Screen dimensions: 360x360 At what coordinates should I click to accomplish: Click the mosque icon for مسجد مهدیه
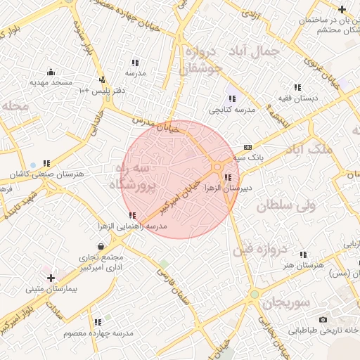click(51, 72)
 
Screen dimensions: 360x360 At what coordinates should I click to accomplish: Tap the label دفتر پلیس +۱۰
click(83, 90)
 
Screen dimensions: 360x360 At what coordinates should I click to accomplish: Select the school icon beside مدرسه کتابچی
click(231, 99)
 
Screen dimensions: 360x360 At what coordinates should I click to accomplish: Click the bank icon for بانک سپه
click(247, 147)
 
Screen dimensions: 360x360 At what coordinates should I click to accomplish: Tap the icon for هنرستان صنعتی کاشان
click(46, 163)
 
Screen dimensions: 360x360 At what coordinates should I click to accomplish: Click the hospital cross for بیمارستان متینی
click(50, 278)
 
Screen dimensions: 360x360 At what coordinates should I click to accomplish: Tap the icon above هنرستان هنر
click(304, 255)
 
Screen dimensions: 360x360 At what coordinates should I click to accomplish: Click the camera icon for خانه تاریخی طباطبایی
click(323, 320)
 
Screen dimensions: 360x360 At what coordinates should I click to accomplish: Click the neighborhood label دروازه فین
click(268, 249)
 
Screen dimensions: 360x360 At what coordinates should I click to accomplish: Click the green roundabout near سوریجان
click(254, 294)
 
